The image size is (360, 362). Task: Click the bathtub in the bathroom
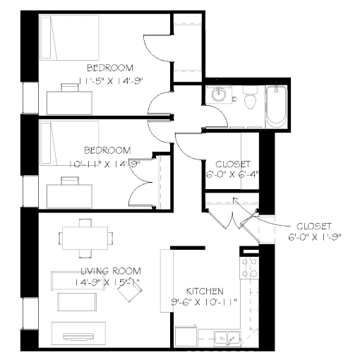click(276, 106)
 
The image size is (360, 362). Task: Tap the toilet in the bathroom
click(248, 101)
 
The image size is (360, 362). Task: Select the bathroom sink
click(219, 95)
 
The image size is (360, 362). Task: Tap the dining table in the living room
click(85, 237)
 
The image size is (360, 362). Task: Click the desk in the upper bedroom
click(69, 99)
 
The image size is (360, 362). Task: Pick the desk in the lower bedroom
click(69, 192)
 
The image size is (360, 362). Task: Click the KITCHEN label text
click(205, 291)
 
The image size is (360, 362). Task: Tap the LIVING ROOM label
click(110, 271)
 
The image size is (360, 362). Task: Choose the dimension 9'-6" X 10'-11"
click(205, 302)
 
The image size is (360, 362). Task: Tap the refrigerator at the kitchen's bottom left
click(185, 335)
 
